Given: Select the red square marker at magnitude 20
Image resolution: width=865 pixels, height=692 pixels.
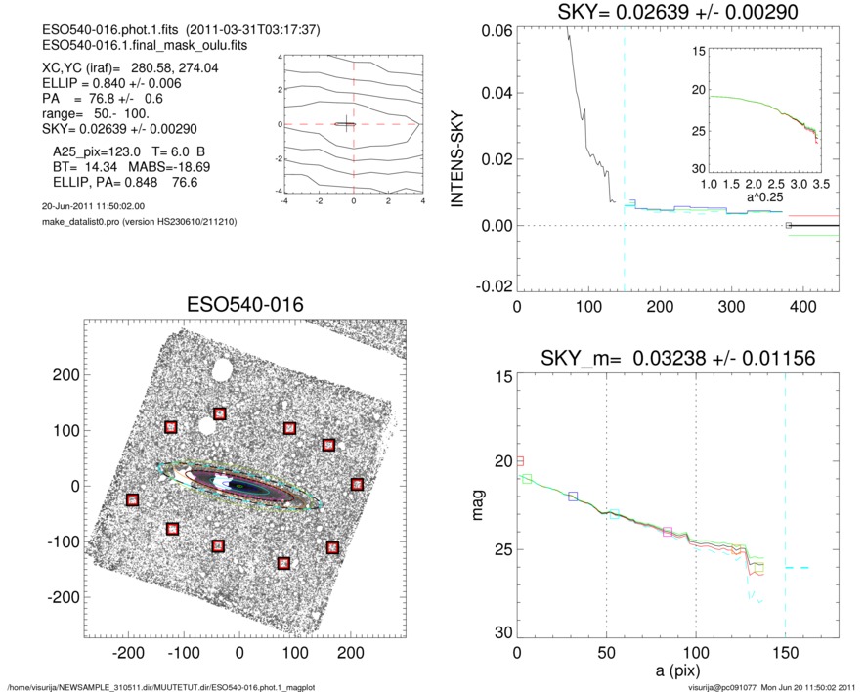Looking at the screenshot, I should [x=519, y=460].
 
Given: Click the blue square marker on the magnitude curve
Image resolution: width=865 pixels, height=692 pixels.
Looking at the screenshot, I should [x=573, y=497].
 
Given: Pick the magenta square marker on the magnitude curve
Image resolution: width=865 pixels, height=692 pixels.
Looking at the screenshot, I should [x=668, y=532].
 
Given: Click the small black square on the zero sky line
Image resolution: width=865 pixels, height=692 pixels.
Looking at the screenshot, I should [x=788, y=226].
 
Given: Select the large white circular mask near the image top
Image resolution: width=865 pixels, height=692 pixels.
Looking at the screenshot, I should [x=221, y=370].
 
